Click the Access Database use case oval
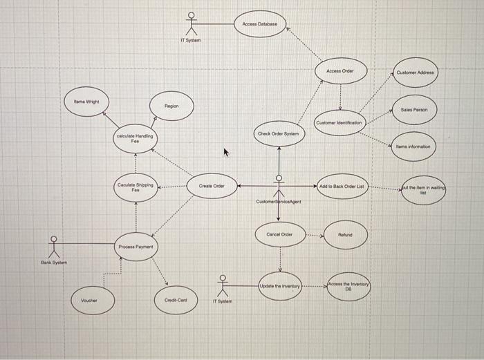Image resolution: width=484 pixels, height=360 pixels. [259, 24]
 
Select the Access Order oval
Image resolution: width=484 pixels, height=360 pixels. [339, 71]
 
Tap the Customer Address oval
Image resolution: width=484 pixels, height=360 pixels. [415, 72]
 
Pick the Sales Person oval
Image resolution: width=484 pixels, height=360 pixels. [413, 109]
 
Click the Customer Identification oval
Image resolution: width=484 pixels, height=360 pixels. [339, 122]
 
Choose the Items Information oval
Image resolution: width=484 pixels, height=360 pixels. [413, 146]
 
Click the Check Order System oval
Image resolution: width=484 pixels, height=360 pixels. [278, 133]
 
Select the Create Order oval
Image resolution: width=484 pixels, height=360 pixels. [212, 186]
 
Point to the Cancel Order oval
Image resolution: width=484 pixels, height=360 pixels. [279, 235]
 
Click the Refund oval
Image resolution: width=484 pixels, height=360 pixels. [346, 235]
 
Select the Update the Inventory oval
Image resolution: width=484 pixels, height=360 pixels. [279, 286]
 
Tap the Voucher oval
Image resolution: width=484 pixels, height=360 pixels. [89, 300]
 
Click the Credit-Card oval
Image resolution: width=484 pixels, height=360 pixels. [176, 300]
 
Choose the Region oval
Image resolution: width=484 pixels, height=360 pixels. [171, 106]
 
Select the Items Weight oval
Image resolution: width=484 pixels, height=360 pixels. [86, 102]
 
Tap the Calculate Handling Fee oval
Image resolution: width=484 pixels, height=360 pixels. [136, 139]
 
